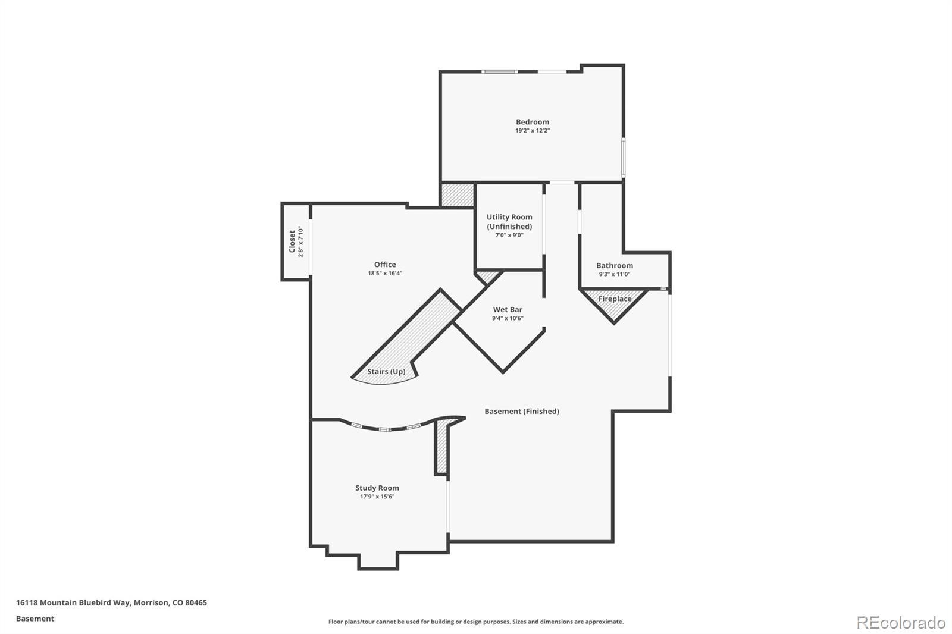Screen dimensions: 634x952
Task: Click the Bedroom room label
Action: click(x=532, y=122)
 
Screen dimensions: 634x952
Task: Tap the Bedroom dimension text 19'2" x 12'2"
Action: click(x=532, y=131)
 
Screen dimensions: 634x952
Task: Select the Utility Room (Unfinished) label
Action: click(x=509, y=221)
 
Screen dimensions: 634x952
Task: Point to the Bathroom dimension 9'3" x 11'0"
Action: click(x=614, y=274)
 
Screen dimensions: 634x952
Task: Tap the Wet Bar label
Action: click(x=508, y=309)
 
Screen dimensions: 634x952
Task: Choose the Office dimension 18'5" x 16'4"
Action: click(x=384, y=274)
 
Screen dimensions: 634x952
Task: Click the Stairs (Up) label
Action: click(x=386, y=372)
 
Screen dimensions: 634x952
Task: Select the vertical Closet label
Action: click(x=292, y=241)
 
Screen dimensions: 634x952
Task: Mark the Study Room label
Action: click(x=377, y=488)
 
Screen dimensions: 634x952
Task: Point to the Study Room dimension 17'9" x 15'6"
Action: click(x=377, y=497)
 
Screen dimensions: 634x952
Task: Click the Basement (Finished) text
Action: click(x=521, y=411)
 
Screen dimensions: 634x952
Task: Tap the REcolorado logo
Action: click(x=900, y=622)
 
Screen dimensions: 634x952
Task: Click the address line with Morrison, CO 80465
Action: click(x=111, y=602)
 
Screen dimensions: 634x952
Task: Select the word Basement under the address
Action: click(x=35, y=619)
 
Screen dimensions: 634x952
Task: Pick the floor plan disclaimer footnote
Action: click(x=475, y=622)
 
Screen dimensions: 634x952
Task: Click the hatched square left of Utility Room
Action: click(x=457, y=194)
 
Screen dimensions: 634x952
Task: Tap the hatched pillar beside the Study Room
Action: click(x=441, y=447)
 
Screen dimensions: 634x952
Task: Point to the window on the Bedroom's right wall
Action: click(x=624, y=157)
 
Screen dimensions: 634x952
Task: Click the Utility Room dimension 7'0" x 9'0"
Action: click(x=509, y=235)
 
